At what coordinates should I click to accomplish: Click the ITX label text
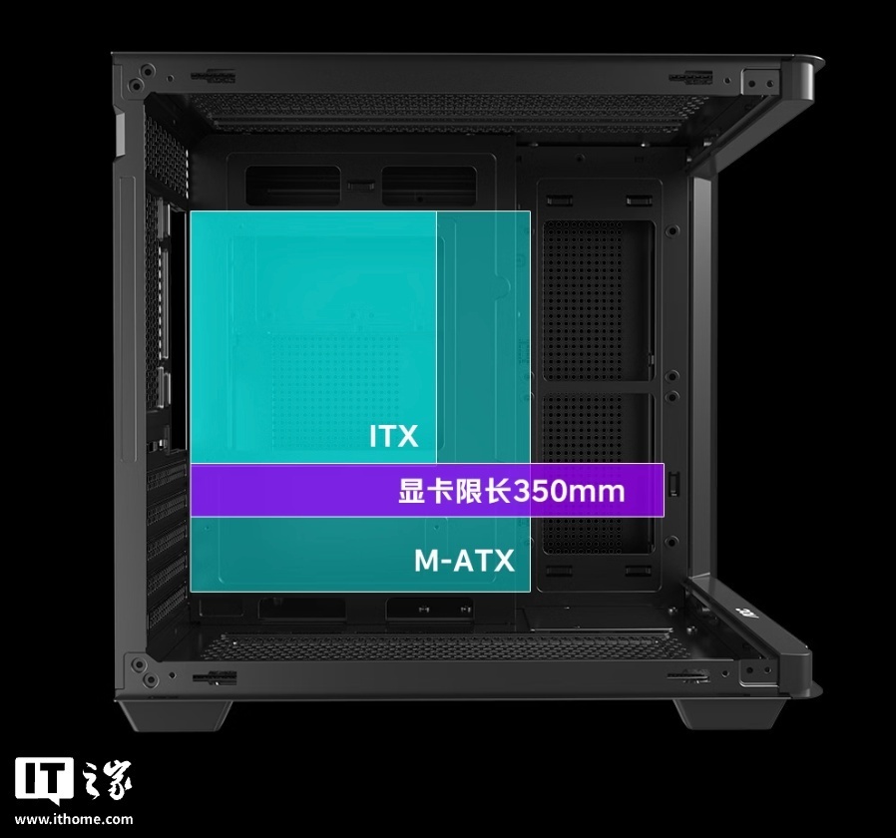[x=394, y=436]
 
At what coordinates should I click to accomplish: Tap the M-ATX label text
[x=464, y=561]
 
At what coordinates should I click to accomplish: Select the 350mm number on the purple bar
[x=569, y=491]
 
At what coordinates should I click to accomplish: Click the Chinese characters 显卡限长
[x=455, y=491]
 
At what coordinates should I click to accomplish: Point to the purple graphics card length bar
[x=427, y=490]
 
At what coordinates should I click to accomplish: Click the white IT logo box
[x=44, y=781]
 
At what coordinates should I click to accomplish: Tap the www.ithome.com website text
[x=74, y=819]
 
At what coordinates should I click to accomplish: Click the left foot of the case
[x=175, y=715]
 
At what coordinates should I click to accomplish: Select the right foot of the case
[x=729, y=714]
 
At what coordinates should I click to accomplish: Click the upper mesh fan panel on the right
[x=597, y=301]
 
